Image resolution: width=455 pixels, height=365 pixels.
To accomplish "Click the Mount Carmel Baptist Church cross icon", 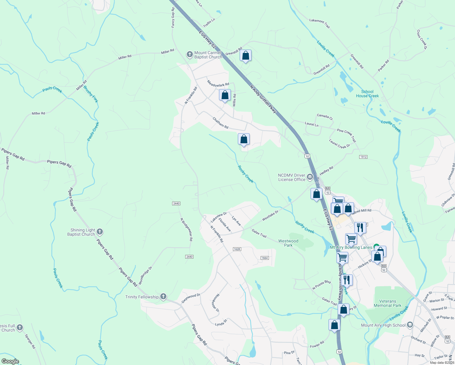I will click(x=189, y=55).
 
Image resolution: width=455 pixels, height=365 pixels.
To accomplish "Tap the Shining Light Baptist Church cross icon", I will click(x=99, y=232).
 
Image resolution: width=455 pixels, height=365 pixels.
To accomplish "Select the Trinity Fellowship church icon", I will click(x=163, y=297).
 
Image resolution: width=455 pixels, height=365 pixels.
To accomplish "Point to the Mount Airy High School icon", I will click(x=410, y=325).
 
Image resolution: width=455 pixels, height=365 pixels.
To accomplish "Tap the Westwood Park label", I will click(x=288, y=243).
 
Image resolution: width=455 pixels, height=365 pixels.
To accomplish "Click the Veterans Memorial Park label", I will click(x=387, y=303).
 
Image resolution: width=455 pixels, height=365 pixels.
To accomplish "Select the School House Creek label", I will click(x=367, y=94).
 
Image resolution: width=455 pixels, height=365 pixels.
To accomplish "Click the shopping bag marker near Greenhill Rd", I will click(x=245, y=56).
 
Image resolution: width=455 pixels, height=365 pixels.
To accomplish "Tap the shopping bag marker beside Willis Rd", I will click(x=225, y=95).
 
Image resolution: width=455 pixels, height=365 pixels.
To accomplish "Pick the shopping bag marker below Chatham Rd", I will click(x=244, y=139).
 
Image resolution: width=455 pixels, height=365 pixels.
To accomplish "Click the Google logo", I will click(x=10, y=361).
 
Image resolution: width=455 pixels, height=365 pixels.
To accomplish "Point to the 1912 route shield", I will click(x=363, y=157).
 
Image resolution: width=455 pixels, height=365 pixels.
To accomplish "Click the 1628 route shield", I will click(x=237, y=249).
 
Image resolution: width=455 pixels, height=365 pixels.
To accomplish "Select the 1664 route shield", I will click(x=265, y=258).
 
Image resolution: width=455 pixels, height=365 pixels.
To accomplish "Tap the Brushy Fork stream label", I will click(x=91, y=94).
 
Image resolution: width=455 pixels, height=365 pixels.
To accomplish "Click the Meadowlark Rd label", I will click(x=218, y=83).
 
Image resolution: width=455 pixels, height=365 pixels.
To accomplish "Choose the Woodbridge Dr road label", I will click(x=145, y=276).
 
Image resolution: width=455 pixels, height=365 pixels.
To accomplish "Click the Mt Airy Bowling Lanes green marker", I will click(x=376, y=246).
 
